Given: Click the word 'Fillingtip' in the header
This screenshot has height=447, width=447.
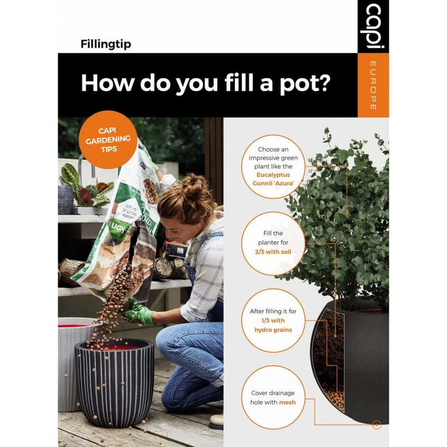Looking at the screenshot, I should (106, 44).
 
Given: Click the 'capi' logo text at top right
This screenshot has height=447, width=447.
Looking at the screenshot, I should (373, 26).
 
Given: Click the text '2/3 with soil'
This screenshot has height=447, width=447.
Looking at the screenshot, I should (274, 253).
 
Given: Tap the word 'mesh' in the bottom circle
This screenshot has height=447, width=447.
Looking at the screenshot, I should (287, 402).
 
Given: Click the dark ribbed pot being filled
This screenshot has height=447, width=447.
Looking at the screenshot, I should (115, 383).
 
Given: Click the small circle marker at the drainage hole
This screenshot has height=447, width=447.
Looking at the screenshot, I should (377, 424).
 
